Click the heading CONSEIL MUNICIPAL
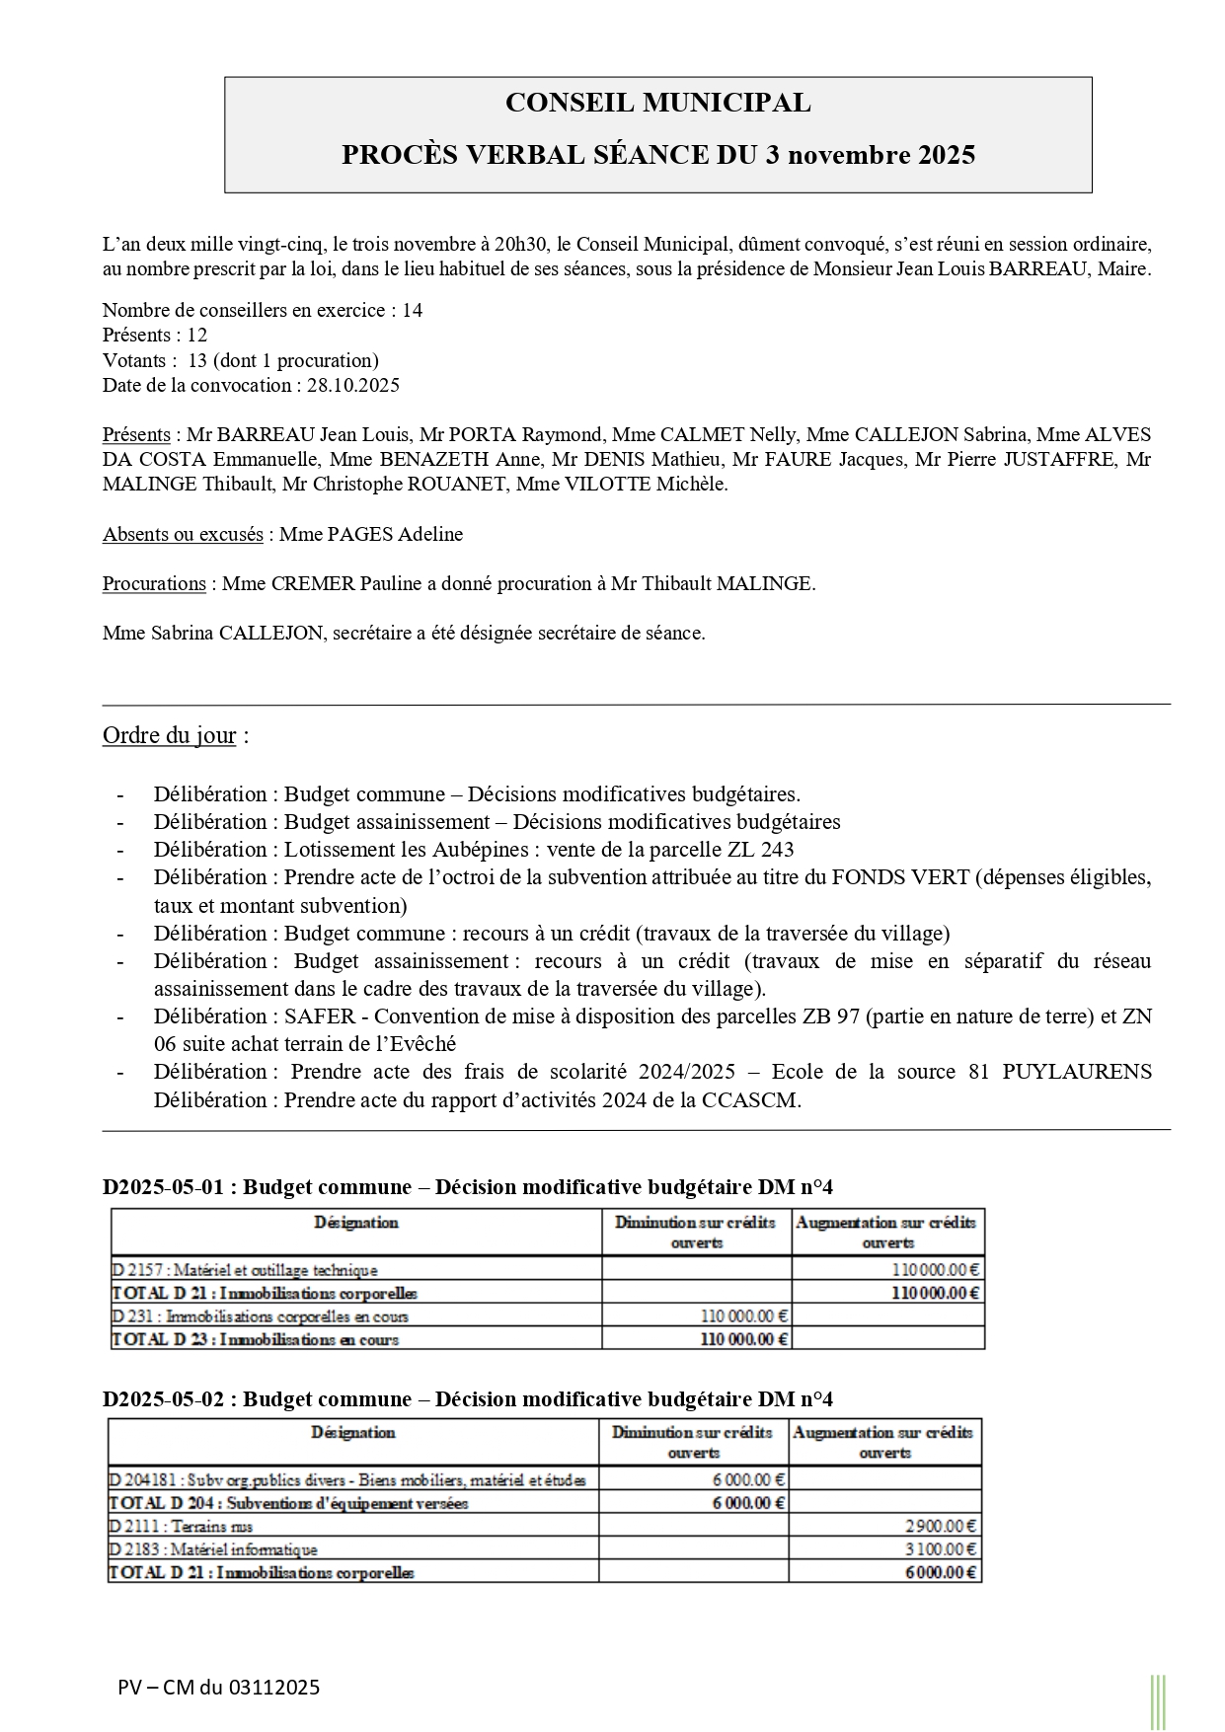pyautogui.click(x=657, y=103)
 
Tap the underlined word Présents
pyautogui.click(x=136, y=435)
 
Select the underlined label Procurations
pyautogui.click(x=154, y=584)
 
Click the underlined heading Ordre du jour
pyautogui.click(x=170, y=736)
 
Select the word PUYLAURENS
pyautogui.click(x=1076, y=1072)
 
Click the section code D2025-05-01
pyautogui.click(x=164, y=1187)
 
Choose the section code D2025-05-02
pyautogui.click(x=164, y=1399)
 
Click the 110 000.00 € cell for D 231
pyautogui.click(x=744, y=1316)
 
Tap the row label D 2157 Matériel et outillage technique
pyautogui.click(x=245, y=1270)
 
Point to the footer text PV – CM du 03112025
pyautogui.click(x=218, y=1688)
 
